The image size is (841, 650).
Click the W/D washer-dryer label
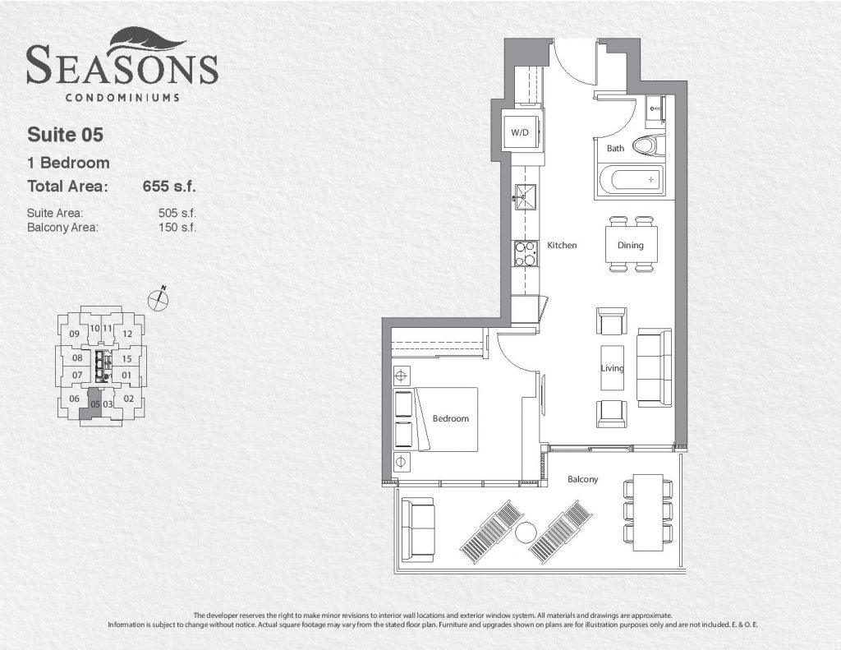(519, 132)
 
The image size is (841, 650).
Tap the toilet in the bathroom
(649, 145)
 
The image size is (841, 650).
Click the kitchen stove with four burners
(526, 253)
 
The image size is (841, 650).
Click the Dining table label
(630, 246)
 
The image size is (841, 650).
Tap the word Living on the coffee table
(612, 368)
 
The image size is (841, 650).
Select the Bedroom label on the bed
(451, 418)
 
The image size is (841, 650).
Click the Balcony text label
(582, 479)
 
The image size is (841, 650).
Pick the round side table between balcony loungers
(526, 532)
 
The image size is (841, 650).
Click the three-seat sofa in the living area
(654, 367)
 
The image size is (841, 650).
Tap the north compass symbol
(159, 298)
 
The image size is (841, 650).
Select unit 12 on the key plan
(127, 334)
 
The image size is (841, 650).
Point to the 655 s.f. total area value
(169, 187)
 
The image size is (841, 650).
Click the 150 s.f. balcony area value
(177, 227)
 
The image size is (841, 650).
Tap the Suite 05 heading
(65, 135)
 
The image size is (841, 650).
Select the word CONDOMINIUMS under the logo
(122, 98)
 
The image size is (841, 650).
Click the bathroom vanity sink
(655, 112)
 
